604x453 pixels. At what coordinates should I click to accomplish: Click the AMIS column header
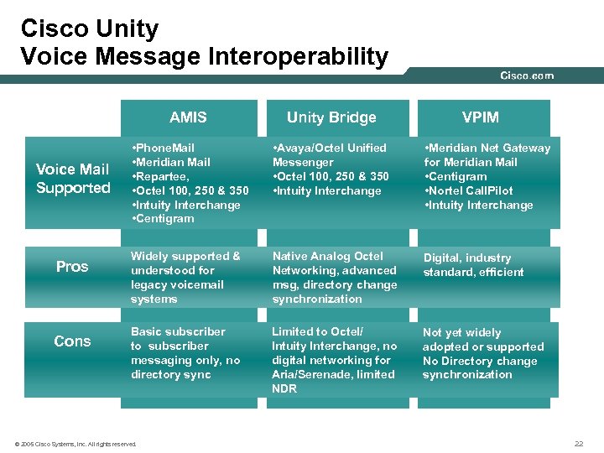tap(188, 117)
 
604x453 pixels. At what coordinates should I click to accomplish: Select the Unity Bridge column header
tap(331, 117)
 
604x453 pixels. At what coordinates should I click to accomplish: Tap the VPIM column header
tap(481, 117)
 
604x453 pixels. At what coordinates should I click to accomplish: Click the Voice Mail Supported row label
tap(73, 179)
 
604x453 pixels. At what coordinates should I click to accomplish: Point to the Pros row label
tap(72, 267)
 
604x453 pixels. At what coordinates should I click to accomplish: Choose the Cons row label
tap(72, 341)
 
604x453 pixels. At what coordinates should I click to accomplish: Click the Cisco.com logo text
tap(527, 75)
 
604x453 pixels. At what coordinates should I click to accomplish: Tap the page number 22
tap(578, 443)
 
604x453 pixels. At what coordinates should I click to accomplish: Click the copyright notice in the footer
tap(75, 443)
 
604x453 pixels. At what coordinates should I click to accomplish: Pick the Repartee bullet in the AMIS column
tap(164, 176)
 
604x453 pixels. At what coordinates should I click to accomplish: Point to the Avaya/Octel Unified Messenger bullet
tap(330, 154)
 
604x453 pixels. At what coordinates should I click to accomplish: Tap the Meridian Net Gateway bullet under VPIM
tap(487, 154)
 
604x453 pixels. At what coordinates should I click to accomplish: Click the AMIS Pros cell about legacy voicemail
tap(185, 277)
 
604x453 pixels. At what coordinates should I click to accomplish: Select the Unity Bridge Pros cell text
tap(334, 277)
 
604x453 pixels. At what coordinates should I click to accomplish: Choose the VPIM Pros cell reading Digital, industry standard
tap(473, 264)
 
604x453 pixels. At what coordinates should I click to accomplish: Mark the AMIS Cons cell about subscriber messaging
tap(185, 353)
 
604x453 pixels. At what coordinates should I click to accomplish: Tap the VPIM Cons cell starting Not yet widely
tap(482, 353)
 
